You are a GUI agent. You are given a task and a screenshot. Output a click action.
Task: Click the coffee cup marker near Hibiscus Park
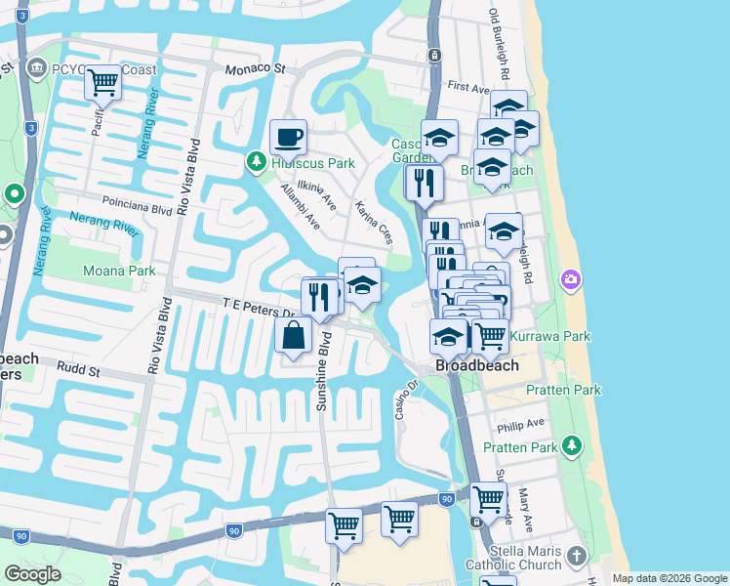click(x=288, y=138)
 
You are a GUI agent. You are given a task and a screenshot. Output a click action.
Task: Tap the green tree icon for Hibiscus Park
click(x=257, y=160)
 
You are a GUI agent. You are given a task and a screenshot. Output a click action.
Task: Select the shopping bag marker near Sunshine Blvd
click(x=294, y=336)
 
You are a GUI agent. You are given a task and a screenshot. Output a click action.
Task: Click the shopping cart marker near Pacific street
click(x=102, y=84)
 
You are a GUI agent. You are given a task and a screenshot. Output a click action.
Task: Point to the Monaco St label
click(x=254, y=69)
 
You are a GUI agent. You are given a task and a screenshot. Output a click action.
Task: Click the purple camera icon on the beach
click(x=570, y=281)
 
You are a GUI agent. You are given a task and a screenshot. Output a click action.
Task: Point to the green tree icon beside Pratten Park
click(x=573, y=447)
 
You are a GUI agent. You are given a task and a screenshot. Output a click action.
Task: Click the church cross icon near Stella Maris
click(x=577, y=557)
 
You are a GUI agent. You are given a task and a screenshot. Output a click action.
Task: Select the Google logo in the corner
click(x=32, y=574)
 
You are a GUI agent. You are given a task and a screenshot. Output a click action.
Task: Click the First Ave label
click(x=467, y=87)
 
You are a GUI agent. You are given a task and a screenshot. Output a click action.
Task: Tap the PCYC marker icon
click(x=38, y=67)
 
